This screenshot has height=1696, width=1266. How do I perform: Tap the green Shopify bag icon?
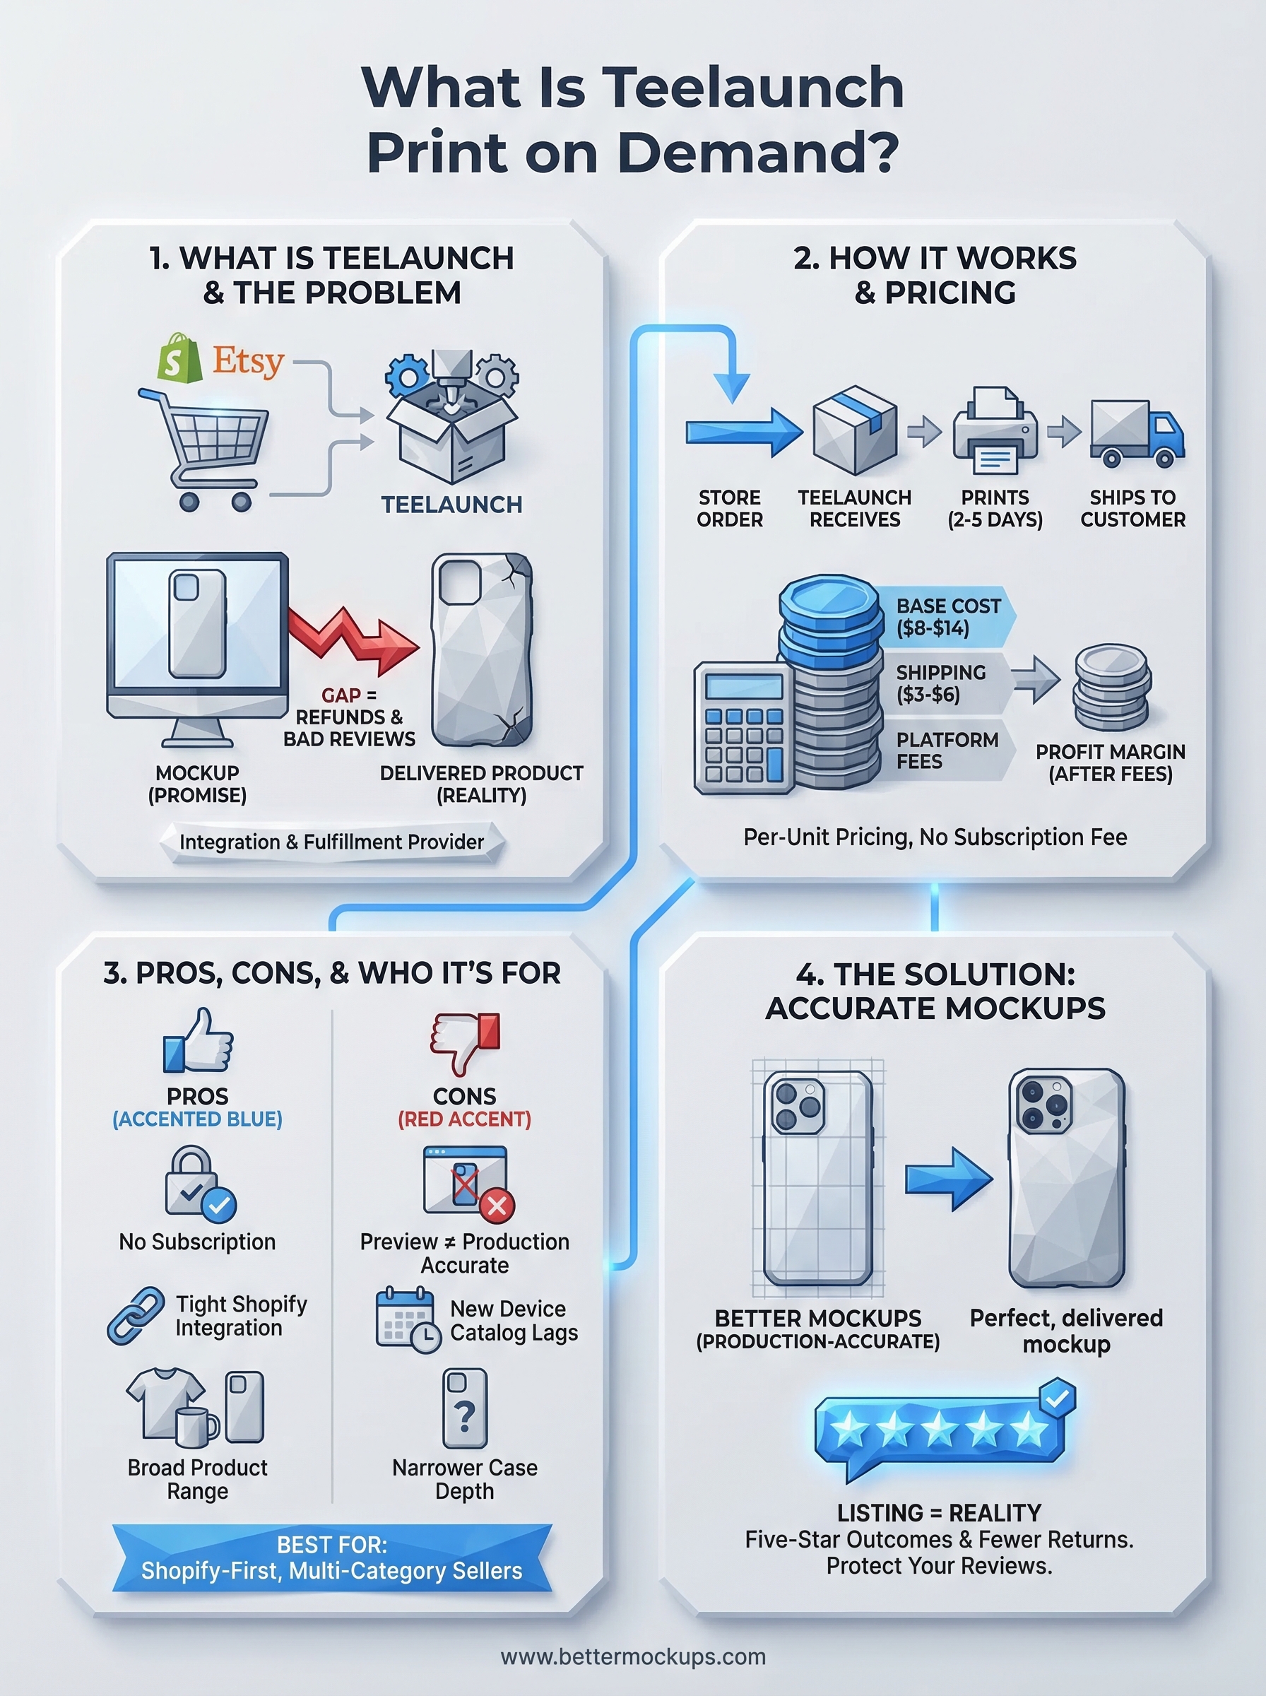[178, 358]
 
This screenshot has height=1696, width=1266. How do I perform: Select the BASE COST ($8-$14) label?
[947, 617]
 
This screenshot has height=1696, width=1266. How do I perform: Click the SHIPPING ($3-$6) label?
[941, 683]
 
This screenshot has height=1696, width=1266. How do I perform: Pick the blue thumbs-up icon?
[198, 1042]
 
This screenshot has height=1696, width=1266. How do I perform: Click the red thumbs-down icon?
[464, 1042]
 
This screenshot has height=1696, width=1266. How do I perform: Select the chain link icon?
[136, 1315]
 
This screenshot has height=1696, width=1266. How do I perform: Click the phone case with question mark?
[464, 1408]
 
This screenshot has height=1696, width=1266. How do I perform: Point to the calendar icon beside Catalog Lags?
[407, 1320]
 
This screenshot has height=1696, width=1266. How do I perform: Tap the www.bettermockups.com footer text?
[633, 1656]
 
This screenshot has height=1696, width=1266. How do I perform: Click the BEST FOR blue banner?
[331, 1558]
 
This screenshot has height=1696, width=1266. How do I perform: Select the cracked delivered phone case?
[482, 650]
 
